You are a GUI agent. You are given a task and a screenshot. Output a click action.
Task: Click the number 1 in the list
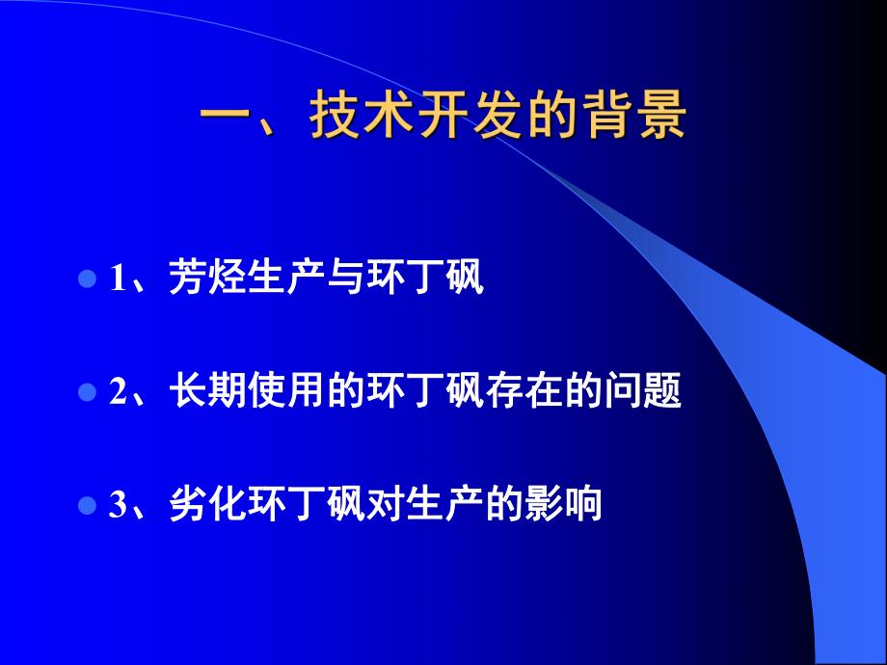(x=118, y=280)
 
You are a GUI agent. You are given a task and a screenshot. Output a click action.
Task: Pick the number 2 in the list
(x=118, y=394)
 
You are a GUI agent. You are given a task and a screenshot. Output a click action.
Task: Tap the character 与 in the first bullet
(x=325, y=279)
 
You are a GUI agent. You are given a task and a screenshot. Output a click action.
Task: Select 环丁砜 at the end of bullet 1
(x=418, y=279)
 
